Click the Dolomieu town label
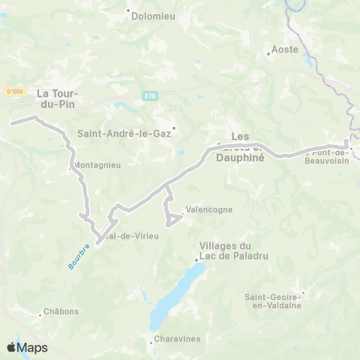click(x=152, y=13)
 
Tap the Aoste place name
click(x=286, y=49)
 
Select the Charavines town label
click(x=178, y=339)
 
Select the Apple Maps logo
click(x=26, y=347)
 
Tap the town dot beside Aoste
click(x=269, y=53)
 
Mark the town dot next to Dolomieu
click(x=129, y=12)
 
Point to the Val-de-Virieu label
click(x=133, y=236)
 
